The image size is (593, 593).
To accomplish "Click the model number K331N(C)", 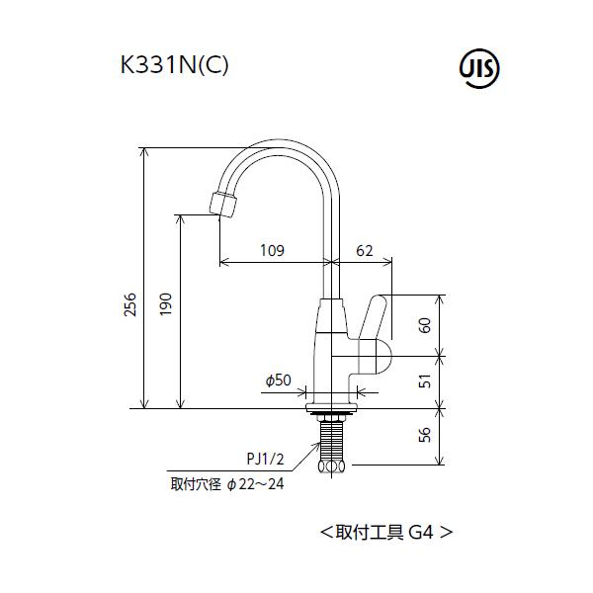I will click(x=173, y=65).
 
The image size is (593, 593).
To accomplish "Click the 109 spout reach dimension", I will click(x=273, y=251).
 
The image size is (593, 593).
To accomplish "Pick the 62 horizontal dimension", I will click(x=364, y=251).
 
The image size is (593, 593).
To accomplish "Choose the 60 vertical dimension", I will click(x=425, y=325).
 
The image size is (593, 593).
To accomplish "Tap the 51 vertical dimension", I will click(x=425, y=381).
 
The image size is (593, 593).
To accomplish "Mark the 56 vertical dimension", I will click(x=425, y=436).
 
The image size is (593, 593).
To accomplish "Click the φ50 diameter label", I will click(x=278, y=380).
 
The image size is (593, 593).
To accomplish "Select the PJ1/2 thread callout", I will click(x=266, y=459).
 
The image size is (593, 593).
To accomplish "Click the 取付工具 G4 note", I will click(x=386, y=531).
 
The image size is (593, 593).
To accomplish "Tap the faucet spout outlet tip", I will click(x=223, y=206).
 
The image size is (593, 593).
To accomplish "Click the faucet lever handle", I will click(x=374, y=317).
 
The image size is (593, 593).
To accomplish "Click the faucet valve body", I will click(x=330, y=351).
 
